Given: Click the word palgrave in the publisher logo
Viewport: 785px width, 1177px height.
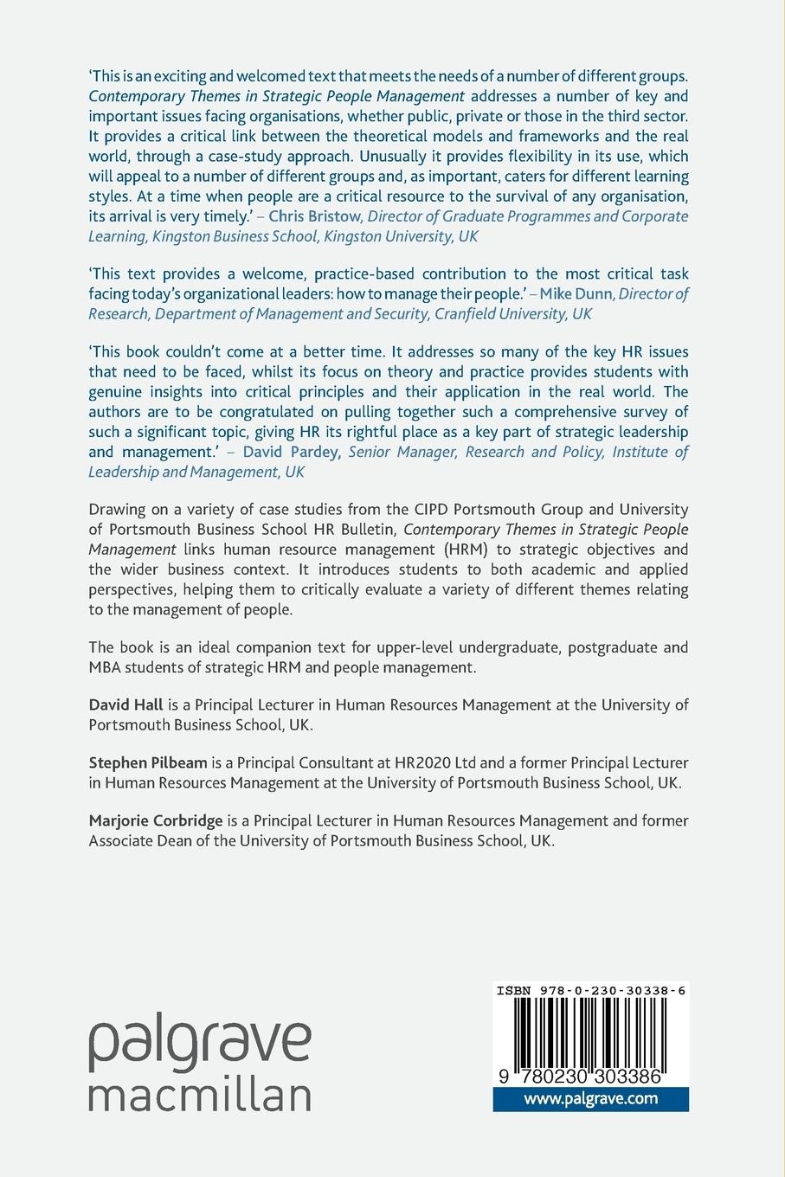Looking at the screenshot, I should coord(199,1044).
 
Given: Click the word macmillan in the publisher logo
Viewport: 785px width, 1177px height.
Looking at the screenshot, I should coord(199,1095).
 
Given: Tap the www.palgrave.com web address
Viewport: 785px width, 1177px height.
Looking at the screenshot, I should coord(590,1099).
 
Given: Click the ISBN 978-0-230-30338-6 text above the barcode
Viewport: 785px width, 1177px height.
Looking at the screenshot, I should coord(591,991).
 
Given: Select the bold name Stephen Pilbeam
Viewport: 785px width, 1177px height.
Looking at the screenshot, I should coord(148,762).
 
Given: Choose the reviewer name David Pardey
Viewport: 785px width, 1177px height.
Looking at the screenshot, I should coord(292,452).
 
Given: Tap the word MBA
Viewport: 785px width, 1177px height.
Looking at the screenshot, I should coord(106,667).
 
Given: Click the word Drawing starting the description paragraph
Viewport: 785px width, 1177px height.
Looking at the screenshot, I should coord(118,509).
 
